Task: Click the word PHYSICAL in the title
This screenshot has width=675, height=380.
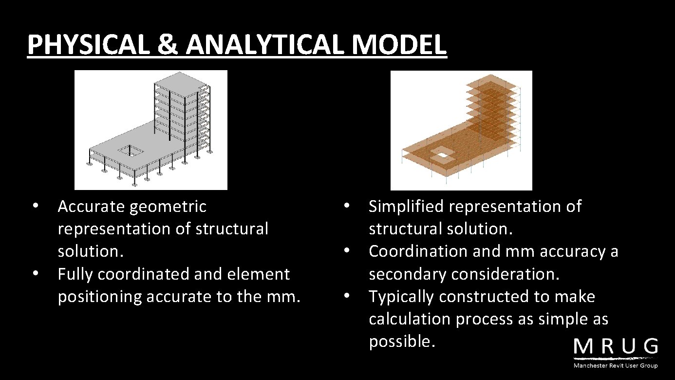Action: [x=88, y=45]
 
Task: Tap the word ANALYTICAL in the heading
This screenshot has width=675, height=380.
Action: [x=264, y=45]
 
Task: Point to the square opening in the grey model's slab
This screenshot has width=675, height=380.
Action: [x=131, y=151]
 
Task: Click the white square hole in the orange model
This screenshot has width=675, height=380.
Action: [x=443, y=155]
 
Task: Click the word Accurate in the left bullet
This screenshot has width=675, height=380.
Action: [x=91, y=207]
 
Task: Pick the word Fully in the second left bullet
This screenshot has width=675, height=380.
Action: [x=75, y=274]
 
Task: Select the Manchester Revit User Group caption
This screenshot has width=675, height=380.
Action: [x=616, y=365]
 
